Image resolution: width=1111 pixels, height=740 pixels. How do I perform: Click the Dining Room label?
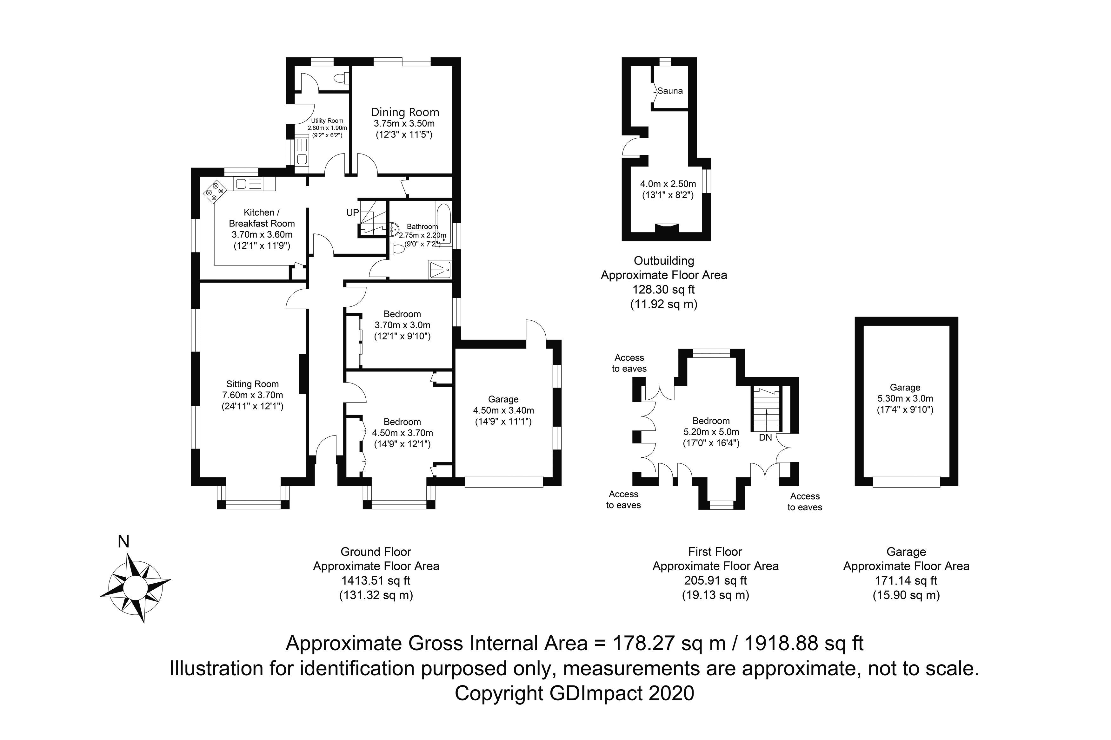click(405, 112)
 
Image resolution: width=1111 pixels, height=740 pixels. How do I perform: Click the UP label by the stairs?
click(352, 213)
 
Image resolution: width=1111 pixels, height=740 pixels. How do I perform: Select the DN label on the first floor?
click(765, 437)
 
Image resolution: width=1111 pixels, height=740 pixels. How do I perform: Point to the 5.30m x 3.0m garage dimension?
click(905, 398)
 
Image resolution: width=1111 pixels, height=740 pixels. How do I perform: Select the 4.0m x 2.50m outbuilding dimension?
click(667, 184)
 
